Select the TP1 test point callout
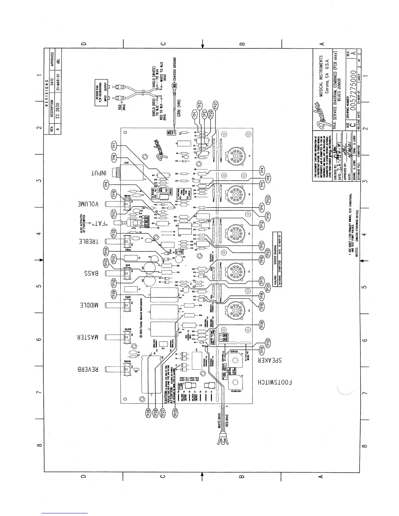[x=195, y=114]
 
